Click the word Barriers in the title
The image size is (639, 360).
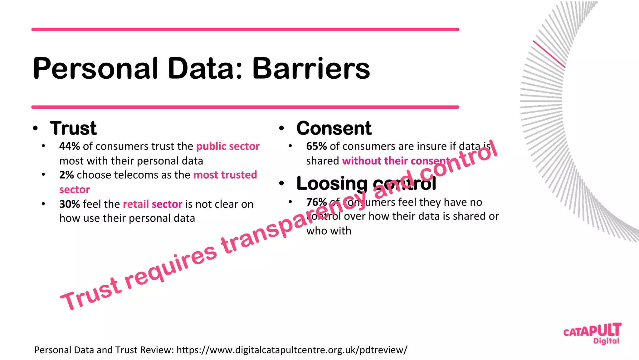click(x=311, y=68)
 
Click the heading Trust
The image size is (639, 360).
click(x=73, y=128)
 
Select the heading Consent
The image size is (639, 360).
click(x=334, y=128)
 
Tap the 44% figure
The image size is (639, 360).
click(x=70, y=146)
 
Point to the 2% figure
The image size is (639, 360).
click(x=66, y=175)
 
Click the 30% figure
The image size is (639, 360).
click(x=70, y=204)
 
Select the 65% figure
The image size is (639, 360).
click(x=316, y=146)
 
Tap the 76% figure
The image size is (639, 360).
click(x=316, y=202)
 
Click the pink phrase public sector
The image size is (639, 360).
click(x=228, y=146)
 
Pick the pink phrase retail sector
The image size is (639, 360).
click(x=153, y=204)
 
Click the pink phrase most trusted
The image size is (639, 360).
click(x=225, y=175)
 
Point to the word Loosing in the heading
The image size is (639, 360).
click(x=332, y=183)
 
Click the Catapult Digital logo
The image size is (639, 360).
click(x=592, y=333)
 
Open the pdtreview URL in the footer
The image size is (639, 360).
click(x=292, y=350)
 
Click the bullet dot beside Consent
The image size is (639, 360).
click(x=282, y=128)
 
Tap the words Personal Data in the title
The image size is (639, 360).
click(x=137, y=68)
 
